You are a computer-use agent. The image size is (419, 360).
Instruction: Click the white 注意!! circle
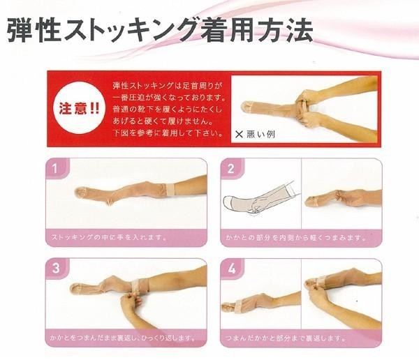tap(78, 107)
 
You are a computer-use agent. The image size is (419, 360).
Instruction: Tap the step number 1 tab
tap(57, 169)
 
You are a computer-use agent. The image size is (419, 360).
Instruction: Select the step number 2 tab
tap(231, 169)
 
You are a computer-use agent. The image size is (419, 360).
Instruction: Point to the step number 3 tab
tap(57, 269)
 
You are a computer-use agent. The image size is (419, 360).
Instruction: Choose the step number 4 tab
tap(231, 269)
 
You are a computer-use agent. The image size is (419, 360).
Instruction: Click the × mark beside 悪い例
tap(239, 134)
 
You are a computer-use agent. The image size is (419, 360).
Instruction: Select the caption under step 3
tap(123, 338)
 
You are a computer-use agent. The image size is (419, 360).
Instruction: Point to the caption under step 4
tap(286, 338)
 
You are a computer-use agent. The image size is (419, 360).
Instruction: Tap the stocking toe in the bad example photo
tap(248, 106)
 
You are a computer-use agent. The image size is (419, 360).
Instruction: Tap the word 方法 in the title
tap(286, 30)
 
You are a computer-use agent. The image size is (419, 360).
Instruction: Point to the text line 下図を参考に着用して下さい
tap(168, 133)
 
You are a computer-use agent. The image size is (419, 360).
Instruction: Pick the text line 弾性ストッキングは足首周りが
tap(168, 86)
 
